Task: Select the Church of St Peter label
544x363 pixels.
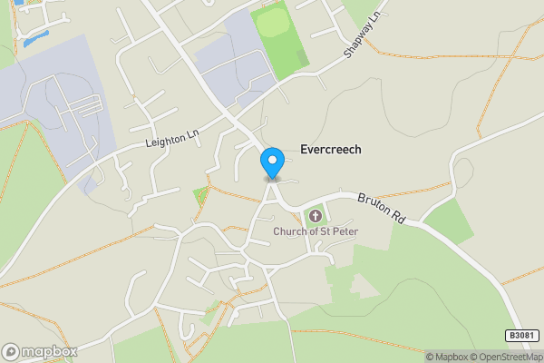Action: [x=316, y=231]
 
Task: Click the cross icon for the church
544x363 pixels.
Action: [x=316, y=216]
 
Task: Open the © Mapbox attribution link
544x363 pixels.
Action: [x=447, y=357]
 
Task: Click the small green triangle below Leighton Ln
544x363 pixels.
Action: [x=200, y=193]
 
